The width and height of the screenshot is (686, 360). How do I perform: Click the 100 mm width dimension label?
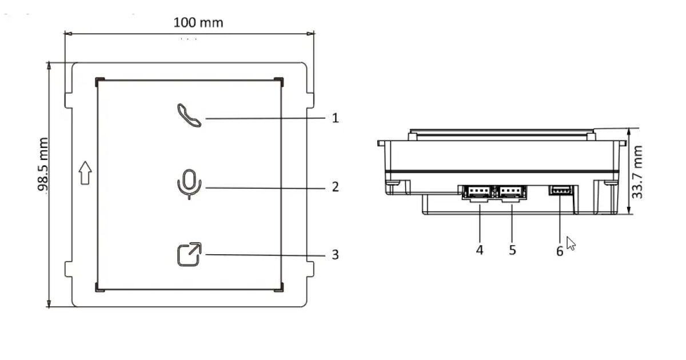pyautogui.click(x=198, y=23)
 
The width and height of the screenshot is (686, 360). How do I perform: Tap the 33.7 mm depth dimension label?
pyautogui.click(x=638, y=172)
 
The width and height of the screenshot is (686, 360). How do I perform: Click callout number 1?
pyautogui.click(x=336, y=118)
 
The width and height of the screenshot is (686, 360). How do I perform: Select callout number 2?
pyautogui.click(x=336, y=187)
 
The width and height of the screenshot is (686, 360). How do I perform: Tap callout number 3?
pyautogui.click(x=336, y=254)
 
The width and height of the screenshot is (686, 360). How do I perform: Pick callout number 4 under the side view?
pyautogui.click(x=480, y=250)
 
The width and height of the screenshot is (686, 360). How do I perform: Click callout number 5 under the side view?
pyautogui.click(x=512, y=250)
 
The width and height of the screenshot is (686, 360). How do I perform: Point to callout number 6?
pyautogui.click(x=560, y=251)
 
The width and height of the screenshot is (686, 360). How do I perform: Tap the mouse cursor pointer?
pyautogui.click(x=571, y=243)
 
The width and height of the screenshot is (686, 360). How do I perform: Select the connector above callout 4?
pyautogui.click(x=477, y=193)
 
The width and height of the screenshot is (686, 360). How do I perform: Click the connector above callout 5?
pyautogui.click(x=510, y=193)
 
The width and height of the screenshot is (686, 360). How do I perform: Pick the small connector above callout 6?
pyautogui.click(x=560, y=190)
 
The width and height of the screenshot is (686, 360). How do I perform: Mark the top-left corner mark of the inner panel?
pyautogui.click(x=99, y=80)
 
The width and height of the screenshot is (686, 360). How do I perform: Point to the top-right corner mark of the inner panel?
pyautogui.click(x=280, y=80)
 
